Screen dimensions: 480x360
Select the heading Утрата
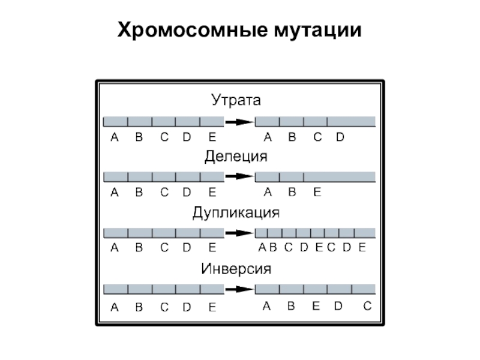(x=236, y=99)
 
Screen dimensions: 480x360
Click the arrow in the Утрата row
(x=239, y=122)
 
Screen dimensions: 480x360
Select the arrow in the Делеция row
(x=239, y=177)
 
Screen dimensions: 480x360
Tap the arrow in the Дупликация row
(x=239, y=233)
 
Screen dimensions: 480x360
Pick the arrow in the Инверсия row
(x=239, y=289)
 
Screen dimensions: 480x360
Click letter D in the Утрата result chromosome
(x=340, y=137)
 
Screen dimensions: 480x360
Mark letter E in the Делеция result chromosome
(x=317, y=193)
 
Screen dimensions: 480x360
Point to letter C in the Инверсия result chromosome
(x=367, y=306)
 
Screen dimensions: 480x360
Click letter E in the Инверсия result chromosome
(x=316, y=306)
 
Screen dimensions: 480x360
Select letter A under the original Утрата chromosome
(x=115, y=137)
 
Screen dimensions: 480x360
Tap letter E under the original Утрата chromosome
(x=212, y=137)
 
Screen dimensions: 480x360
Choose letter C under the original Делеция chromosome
(x=164, y=193)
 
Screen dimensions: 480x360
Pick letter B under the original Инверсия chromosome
(x=139, y=307)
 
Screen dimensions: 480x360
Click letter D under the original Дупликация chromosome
(x=187, y=248)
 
